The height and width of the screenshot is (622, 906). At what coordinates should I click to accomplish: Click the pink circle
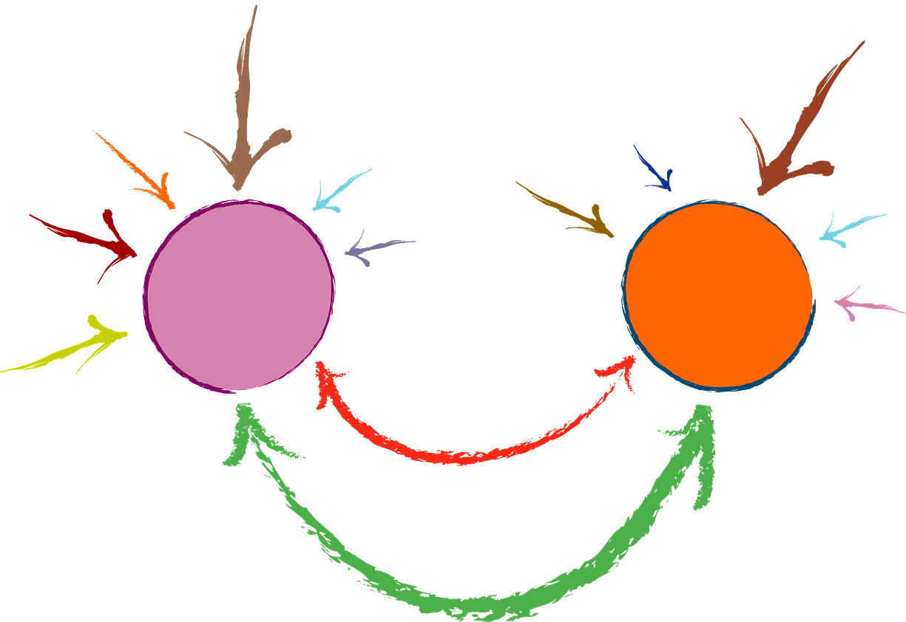(x=238, y=295)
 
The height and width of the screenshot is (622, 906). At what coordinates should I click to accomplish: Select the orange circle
(x=718, y=295)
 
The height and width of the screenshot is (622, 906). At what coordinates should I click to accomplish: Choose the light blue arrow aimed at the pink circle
(x=337, y=193)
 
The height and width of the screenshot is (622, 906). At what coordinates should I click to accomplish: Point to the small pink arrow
(x=865, y=304)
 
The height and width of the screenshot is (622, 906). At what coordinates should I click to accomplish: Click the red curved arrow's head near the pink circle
(x=325, y=380)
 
